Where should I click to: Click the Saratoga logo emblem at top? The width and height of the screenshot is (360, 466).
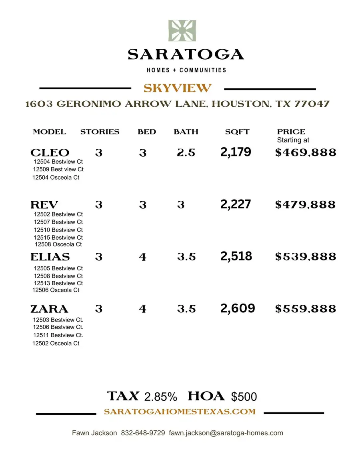(182, 31)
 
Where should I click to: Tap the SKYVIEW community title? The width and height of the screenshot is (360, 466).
(178, 88)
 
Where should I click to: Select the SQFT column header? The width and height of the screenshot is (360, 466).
(237, 132)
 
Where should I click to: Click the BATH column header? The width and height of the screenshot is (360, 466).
(186, 132)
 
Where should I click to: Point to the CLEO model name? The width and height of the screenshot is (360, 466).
(50, 153)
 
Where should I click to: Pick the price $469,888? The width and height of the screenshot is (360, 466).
(306, 152)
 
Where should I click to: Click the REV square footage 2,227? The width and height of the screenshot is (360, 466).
(236, 204)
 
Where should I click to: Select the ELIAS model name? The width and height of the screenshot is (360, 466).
(50, 257)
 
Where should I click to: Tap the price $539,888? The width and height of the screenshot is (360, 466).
(306, 257)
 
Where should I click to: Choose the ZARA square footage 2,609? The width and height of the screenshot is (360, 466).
(238, 308)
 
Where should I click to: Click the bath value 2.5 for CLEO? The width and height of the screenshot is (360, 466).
(186, 153)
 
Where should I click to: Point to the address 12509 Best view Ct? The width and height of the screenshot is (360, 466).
(58, 169)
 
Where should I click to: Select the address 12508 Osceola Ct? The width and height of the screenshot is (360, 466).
(58, 244)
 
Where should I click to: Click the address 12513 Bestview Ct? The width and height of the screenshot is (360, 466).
(58, 283)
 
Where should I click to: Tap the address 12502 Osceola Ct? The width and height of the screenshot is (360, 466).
(56, 343)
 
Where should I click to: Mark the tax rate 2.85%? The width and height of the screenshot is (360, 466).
(160, 397)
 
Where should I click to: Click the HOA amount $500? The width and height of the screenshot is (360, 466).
(244, 397)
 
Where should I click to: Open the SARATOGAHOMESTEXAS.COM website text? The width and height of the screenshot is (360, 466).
(180, 412)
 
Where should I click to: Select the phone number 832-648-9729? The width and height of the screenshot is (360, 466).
(143, 433)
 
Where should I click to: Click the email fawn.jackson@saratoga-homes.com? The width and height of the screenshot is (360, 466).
(226, 433)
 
